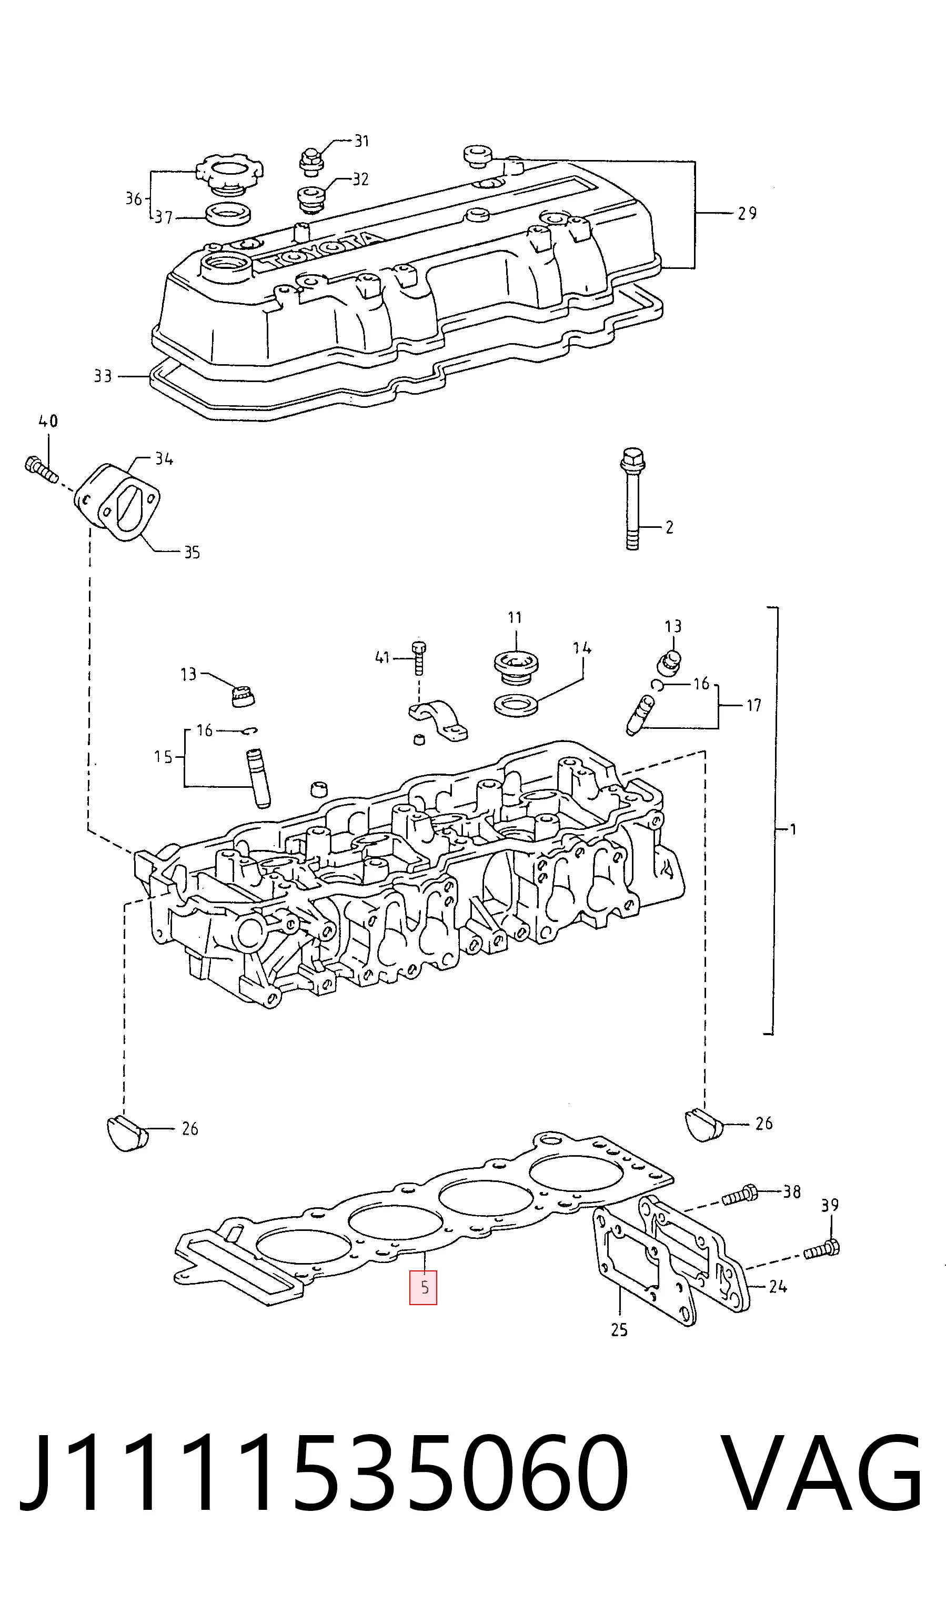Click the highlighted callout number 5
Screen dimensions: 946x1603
[423, 1287]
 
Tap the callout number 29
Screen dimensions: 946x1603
[747, 213]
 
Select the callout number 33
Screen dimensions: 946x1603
[103, 376]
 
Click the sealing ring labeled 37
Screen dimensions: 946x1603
[229, 214]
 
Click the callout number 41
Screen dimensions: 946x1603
[382, 657]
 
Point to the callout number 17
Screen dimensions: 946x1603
[753, 705]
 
